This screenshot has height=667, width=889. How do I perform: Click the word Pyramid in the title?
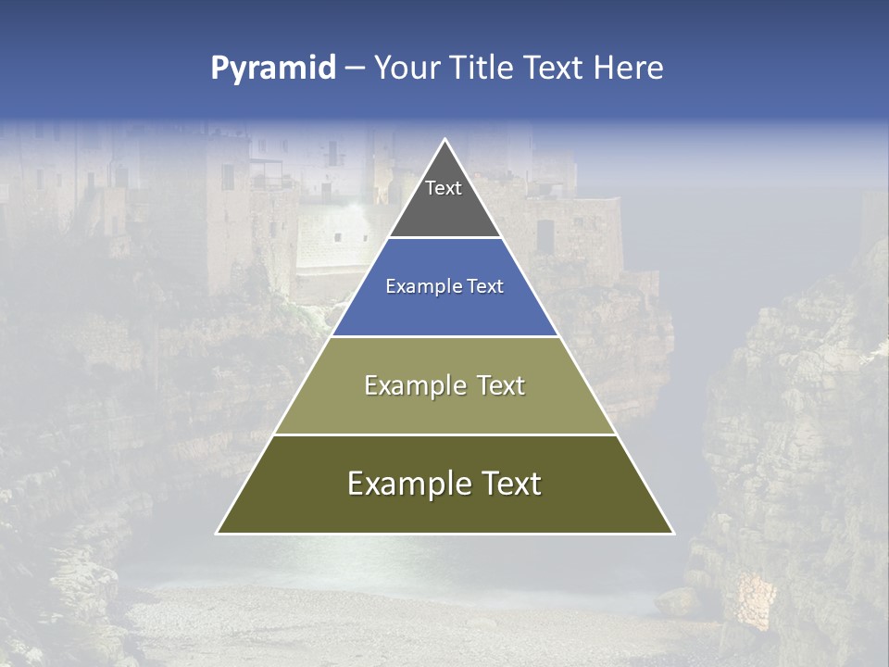(x=273, y=69)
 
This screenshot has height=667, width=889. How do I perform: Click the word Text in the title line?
(x=555, y=69)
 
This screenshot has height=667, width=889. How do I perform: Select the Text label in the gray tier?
(x=444, y=188)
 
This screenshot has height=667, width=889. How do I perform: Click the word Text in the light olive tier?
(x=501, y=385)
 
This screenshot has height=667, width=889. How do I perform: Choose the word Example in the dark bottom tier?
(x=408, y=484)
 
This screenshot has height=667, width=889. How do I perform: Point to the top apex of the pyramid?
(x=444, y=140)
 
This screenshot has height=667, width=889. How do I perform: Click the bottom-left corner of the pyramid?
(x=218, y=533)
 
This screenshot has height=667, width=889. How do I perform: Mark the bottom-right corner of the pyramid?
(x=672, y=533)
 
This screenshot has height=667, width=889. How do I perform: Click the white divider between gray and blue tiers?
(x=444, y=238)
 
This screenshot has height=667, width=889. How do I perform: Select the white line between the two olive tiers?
(x=444, y=434)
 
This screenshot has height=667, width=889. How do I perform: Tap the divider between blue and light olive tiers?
(x=444, y=336)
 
